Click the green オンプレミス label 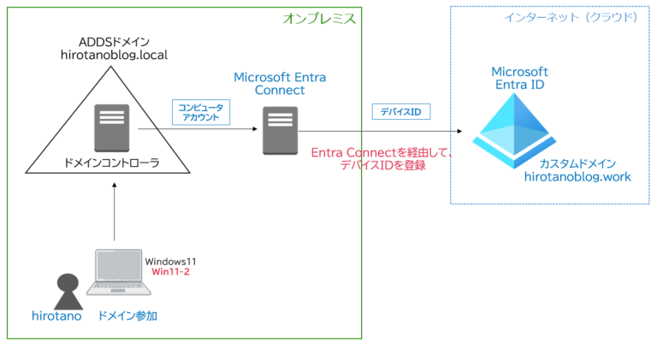tap(318, 18)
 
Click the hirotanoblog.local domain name tap(114, 56)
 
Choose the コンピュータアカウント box tap(198, 112)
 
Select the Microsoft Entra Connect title tap(279, 83)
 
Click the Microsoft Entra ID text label tap(519, 79)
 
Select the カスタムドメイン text tap(577, 162)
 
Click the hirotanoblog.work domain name tap(578, 177)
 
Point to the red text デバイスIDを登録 tap(382, 166)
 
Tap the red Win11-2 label tap(170, 271)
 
